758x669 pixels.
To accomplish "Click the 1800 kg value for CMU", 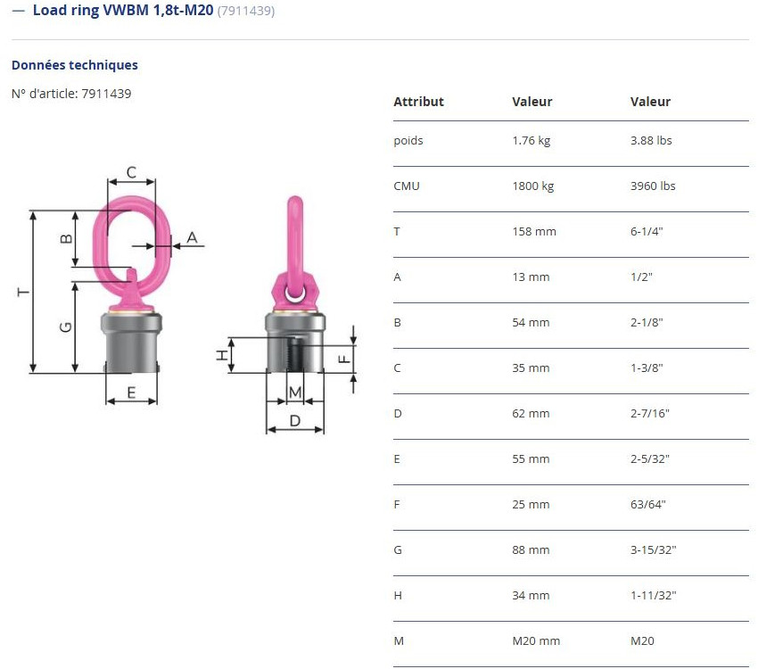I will tap(532, 186).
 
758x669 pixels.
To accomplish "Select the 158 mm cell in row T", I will tap(533, 231).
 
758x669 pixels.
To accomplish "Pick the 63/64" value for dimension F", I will tap(647, 504).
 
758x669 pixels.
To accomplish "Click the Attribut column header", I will tap(418, 102).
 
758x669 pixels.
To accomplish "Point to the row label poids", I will tap(408, 140).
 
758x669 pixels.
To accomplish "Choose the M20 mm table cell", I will tap(535, 640).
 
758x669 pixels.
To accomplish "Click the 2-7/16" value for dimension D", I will tap(649, 413).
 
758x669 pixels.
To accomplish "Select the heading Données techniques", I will tap(74, 65).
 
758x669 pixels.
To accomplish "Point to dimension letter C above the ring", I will tap(130, 172).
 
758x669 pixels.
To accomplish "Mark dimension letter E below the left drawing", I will tap(130, 392).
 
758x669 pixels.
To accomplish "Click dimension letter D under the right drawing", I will tap(295, 420).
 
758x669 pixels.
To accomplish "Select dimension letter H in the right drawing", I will tap(222, 355).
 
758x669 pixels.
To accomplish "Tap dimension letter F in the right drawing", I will tap(343, 359).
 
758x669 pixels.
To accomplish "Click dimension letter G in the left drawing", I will tap(65, 326).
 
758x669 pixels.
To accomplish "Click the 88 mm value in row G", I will tap(531, 549).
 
